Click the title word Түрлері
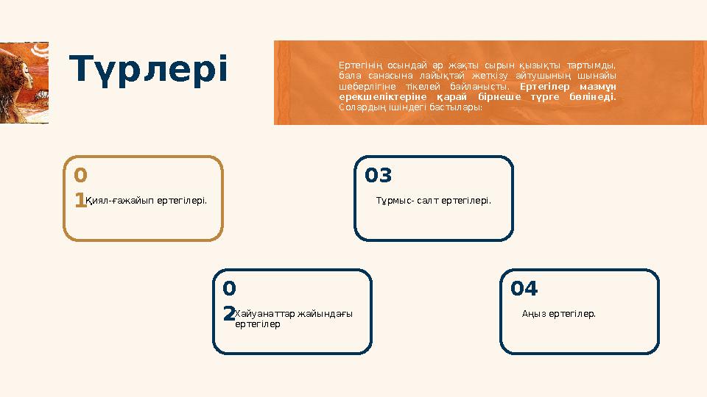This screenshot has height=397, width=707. coord(150,69)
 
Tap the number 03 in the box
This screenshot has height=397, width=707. coord(379,176)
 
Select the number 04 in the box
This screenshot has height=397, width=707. coord(524,289)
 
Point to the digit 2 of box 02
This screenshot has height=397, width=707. coord(228,314)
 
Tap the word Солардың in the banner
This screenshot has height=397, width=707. coord(357,107)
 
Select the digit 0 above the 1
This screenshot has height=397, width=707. coord(80,176)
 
